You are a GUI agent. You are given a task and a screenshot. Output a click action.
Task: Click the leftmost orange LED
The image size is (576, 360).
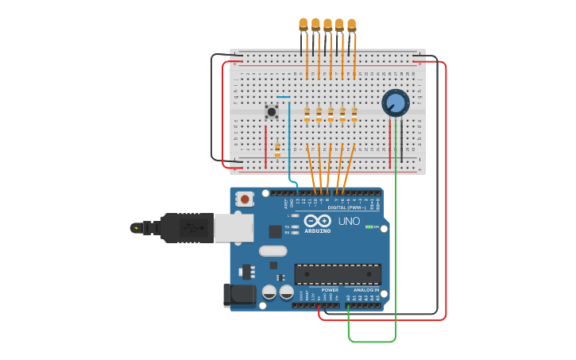[303, 25]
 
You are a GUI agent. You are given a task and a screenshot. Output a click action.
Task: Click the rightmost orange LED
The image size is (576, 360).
[351, 25]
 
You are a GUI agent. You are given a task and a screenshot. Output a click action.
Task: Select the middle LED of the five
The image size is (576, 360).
[327, 25]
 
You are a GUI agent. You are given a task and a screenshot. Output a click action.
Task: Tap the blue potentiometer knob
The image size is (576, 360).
[395, 103]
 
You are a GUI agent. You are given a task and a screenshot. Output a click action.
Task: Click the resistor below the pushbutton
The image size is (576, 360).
[277, 149]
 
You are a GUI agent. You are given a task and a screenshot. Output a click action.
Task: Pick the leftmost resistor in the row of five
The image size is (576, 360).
[307, 114]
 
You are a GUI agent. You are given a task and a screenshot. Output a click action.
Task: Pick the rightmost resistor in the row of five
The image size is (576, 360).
[354, 114]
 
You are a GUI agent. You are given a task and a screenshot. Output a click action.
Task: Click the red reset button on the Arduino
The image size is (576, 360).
[245, 199]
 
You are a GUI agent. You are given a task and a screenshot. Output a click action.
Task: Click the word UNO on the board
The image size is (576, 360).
[350, 221]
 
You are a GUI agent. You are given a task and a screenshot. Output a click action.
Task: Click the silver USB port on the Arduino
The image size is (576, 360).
[234, 227]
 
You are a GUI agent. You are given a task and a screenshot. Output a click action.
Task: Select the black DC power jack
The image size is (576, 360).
[240, 295]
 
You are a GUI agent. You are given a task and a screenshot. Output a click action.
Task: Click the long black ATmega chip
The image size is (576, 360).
[338, 274]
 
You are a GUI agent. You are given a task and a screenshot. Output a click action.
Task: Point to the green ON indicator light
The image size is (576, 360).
[369, 227]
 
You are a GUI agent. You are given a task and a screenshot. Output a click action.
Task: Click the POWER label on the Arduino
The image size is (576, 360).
[330, 290]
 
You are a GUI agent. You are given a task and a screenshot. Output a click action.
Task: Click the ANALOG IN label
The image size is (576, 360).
[366, 290]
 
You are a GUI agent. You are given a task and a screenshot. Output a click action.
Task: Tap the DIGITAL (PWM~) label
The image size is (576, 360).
[347, 207]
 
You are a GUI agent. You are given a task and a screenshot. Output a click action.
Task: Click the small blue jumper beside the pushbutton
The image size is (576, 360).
[284, 97]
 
